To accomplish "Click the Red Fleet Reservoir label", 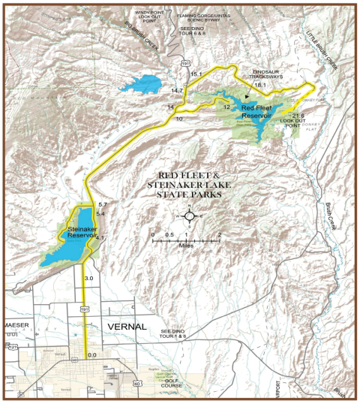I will click(259, 112).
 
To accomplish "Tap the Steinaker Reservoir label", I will click(83, 231).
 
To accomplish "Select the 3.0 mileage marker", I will click(89, 279).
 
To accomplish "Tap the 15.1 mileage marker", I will click(196, 74).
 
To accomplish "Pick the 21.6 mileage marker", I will click(297, 114).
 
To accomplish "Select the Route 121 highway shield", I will click(13, 348).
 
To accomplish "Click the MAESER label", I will click(16, 324).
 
